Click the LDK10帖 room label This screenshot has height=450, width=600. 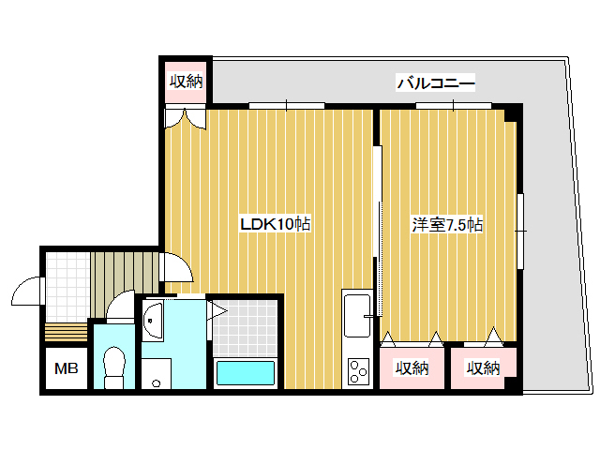click(x=276, y=224)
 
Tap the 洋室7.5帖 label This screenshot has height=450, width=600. click(x=448, y=224)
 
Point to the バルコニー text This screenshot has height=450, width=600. click(x=436, y=83)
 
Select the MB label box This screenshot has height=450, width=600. click(x=65, y=368)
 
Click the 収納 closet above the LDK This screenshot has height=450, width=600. click(x=186, y=82)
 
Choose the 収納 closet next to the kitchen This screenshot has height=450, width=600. click(x=412, y=368)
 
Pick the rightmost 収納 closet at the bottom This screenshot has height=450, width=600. click(x=483, y=368)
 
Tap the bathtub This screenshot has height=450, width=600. click(x=246, y=373)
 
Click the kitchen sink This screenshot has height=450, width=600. click(x=357, y=316)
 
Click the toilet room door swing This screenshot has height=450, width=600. click(x=121, y=307)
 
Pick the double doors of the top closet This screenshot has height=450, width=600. click(x=186, y=117)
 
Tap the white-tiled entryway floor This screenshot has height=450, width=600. click(x=66, y=286)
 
